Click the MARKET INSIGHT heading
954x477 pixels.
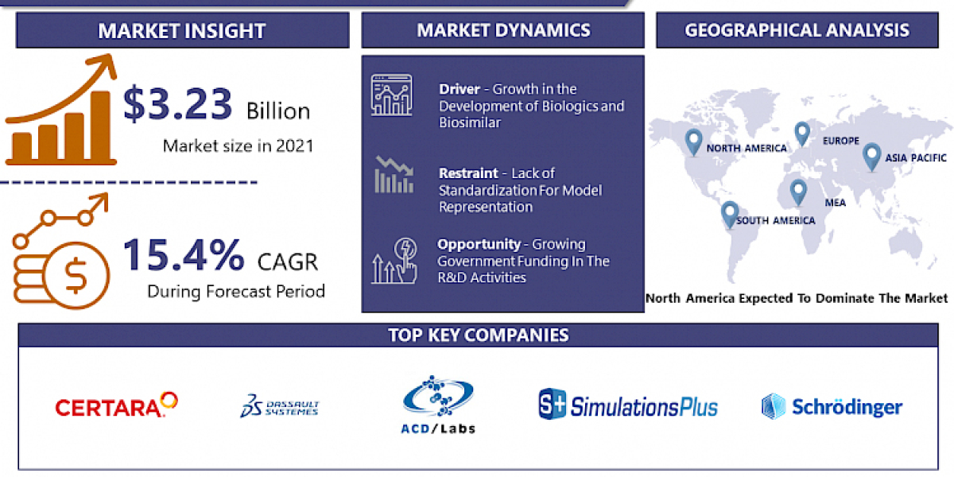[181, 32]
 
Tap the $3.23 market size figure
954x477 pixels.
[177, 104]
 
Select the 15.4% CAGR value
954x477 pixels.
[184, 254]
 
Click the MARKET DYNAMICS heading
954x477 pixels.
[503, 31]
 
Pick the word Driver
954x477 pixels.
[459, 89]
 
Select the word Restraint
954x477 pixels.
[470, 173]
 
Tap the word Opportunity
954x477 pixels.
[479, 244]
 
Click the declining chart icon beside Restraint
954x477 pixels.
[394, 175]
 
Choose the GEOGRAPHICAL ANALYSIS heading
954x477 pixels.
[797, 31]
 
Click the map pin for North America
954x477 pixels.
[693, 142]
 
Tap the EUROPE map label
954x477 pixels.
[841, 142]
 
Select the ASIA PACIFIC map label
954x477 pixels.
[917, 157]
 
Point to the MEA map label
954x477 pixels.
[835, 203]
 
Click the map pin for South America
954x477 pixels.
[729, 214]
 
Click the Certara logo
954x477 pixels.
[116, 405]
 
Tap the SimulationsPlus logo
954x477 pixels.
[628, 405]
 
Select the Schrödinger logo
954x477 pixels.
[832, 407]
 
